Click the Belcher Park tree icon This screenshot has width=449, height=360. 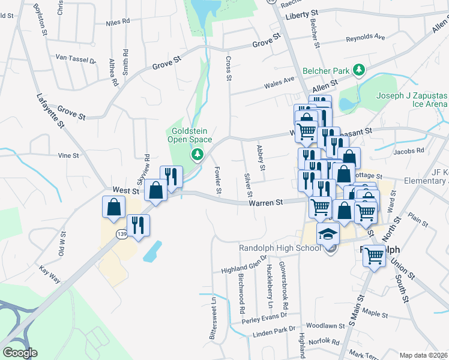(x=360, y=71)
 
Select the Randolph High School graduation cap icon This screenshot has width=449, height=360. (x=328, y=235)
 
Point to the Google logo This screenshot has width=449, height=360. (x=20, y=353)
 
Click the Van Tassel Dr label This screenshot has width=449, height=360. (x=76, y=59)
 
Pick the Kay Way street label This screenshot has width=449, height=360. (x=50, y=275)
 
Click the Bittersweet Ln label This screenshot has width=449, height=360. (x=212, y=319)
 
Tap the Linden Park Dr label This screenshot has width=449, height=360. (x=274, y=331)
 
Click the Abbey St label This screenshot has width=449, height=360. (x=261, y=158)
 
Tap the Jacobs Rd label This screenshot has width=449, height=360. (x=409, y=151)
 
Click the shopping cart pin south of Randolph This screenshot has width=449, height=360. (x=375, y=256)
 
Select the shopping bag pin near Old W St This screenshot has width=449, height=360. (x=113, y=208)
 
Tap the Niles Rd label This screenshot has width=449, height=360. (x=118, y=22)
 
